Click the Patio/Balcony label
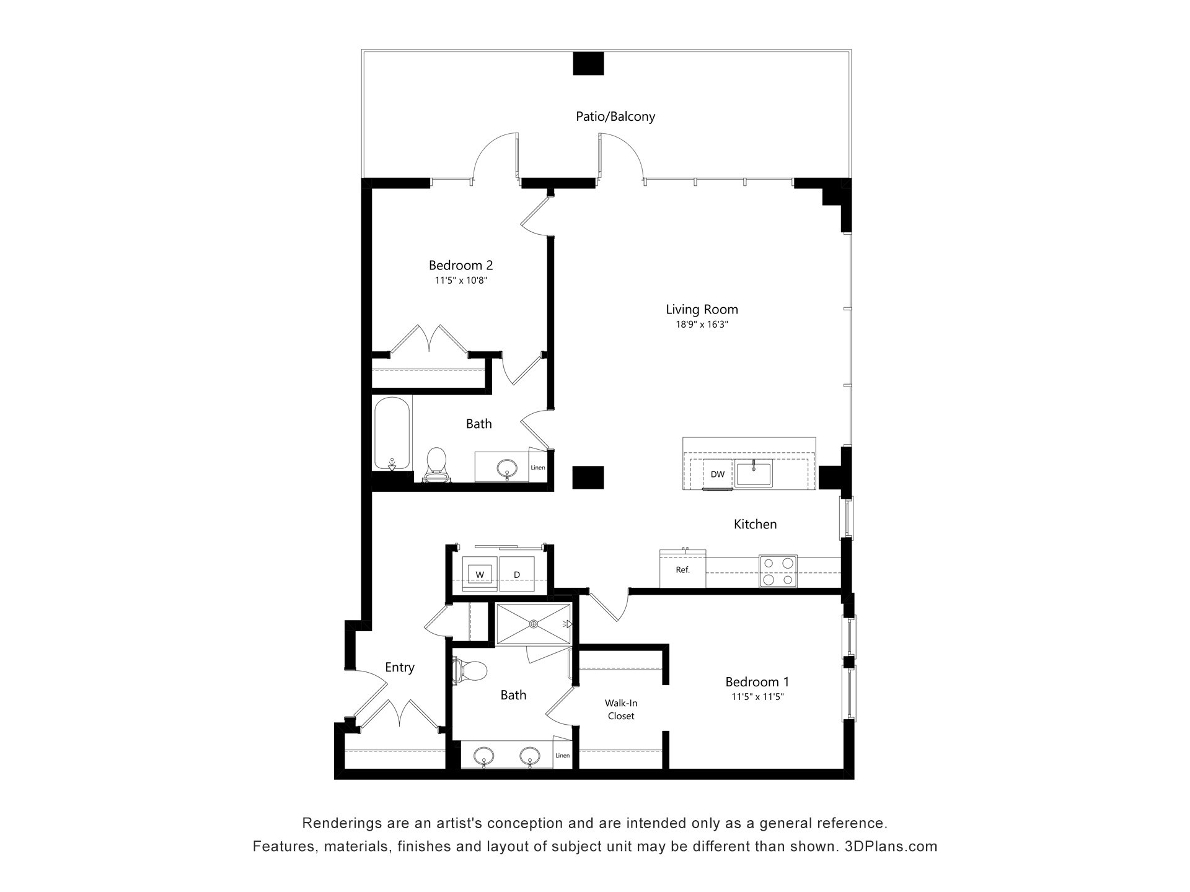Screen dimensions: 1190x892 (615, 116)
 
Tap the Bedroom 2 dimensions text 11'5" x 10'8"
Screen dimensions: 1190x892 (461, 281)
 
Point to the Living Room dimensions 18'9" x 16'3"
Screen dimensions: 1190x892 (702, 324)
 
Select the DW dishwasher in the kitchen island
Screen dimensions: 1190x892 (718, 474)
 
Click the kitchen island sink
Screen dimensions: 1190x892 (754, 474)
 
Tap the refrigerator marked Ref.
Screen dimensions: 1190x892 (682, 569)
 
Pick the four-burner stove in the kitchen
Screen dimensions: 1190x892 (778, 571)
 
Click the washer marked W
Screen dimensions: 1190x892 (480, 574)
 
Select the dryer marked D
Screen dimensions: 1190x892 (517, 574)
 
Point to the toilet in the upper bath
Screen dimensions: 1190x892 (436, 465)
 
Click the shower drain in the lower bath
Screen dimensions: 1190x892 (533, 624)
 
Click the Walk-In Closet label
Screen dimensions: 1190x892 (621, 710)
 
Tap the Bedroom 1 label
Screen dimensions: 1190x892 (757, 682)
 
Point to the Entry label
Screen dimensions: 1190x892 (399, 667)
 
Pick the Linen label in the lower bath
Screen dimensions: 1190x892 (562, 756)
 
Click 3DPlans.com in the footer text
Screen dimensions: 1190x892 (891, 846)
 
